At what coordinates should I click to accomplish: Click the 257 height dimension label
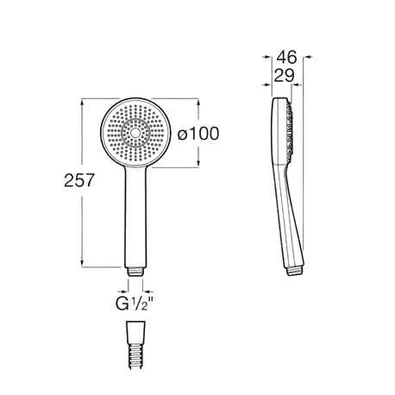click(78, 182)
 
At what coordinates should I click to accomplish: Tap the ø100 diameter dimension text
click(197, 134)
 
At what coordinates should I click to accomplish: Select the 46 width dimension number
click(286, 59)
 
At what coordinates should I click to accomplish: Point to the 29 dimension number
click(281, 77)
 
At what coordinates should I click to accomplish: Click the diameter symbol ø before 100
click(181, 134)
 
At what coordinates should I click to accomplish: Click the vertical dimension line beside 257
click(84, 224)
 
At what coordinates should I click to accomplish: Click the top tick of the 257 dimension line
click(84, 100)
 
